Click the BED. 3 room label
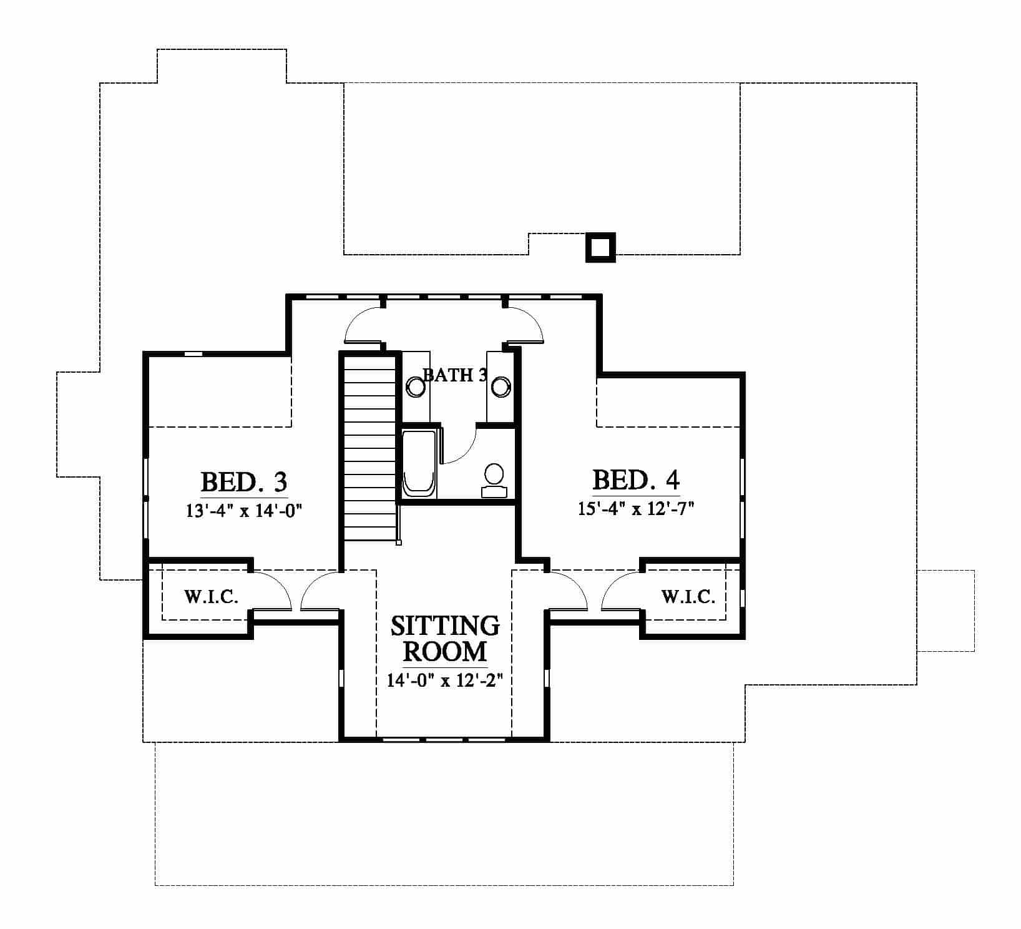(x=244, y=482)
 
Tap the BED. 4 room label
(x=635, y=479)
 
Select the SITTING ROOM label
(x=445, y=638)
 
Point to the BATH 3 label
(x=455, y=375)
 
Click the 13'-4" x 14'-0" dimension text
(x=244, y=511)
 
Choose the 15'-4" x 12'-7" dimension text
(x=636, y=509)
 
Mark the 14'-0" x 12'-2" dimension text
(x=445, y=681)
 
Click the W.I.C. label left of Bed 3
(x=211, y=597)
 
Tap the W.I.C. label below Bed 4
(x=688, y=597)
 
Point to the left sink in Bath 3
(x=415, y=387)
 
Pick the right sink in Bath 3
(x=500, y=386)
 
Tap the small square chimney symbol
(x=600, y=248)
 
